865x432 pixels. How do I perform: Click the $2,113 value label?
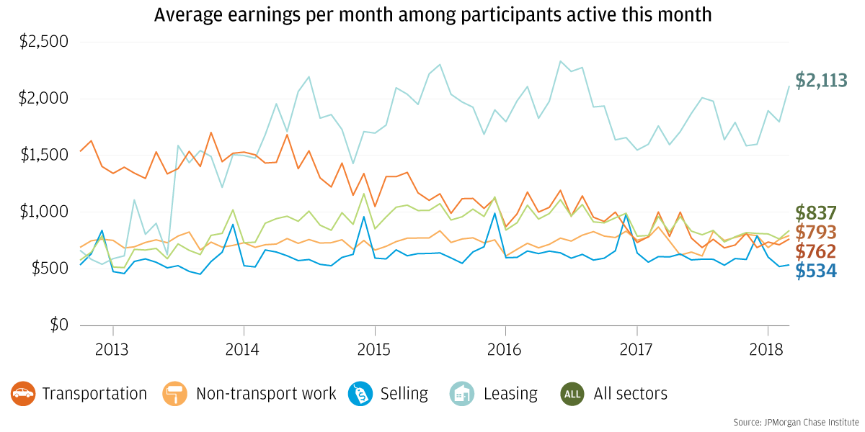(821, 80)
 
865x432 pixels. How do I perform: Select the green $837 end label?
(816, 213)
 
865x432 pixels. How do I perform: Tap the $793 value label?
(816, 233)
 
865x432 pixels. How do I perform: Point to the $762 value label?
(816, 252)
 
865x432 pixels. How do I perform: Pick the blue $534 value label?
(816, 271)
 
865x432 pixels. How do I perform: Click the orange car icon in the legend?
(23, 394)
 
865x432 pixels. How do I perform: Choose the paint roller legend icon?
(175, 394)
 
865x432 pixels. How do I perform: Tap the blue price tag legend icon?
(360, 394)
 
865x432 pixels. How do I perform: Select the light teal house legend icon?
(462, 394)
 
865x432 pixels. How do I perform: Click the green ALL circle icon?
(572, 394)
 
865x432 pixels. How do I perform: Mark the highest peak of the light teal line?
(560, 61)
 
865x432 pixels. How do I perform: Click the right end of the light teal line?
(789, 86)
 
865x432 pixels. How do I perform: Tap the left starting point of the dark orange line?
(80, 152)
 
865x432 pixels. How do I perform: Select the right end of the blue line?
(789, 266)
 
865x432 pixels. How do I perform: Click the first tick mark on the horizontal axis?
(113, 330)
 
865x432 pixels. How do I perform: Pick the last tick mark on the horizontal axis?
(768, 330)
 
